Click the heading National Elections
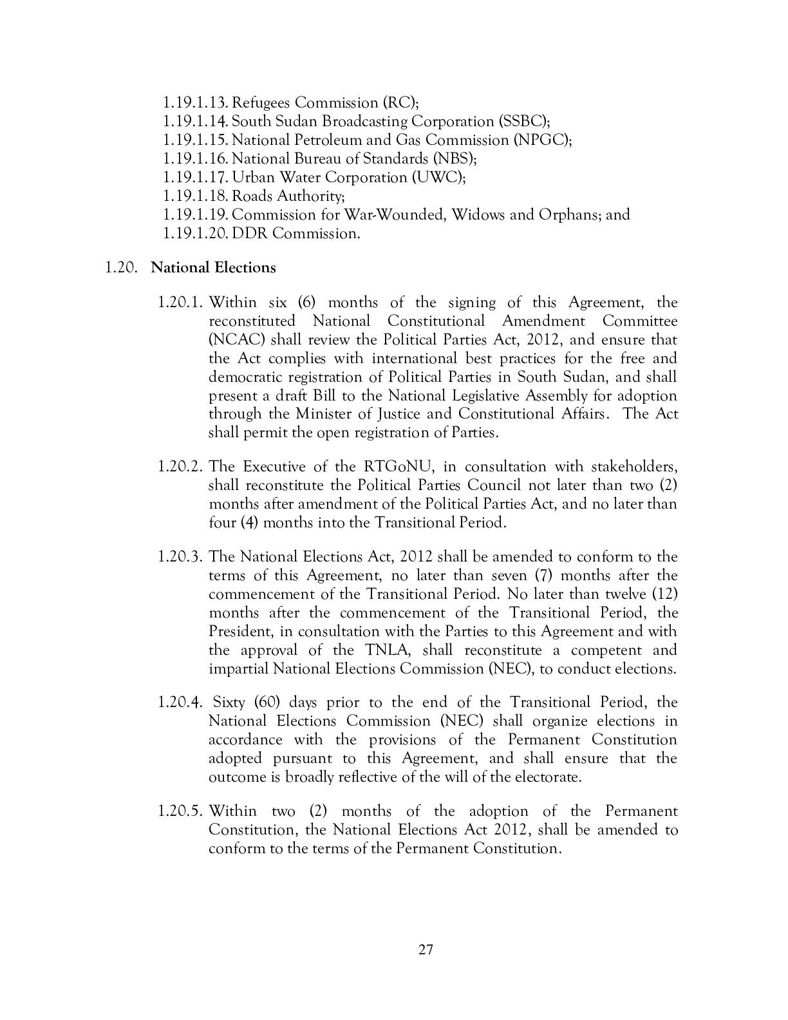[213, 267]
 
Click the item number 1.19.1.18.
[195, 196]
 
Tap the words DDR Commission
[314, 233]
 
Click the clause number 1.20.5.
[181, 811]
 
